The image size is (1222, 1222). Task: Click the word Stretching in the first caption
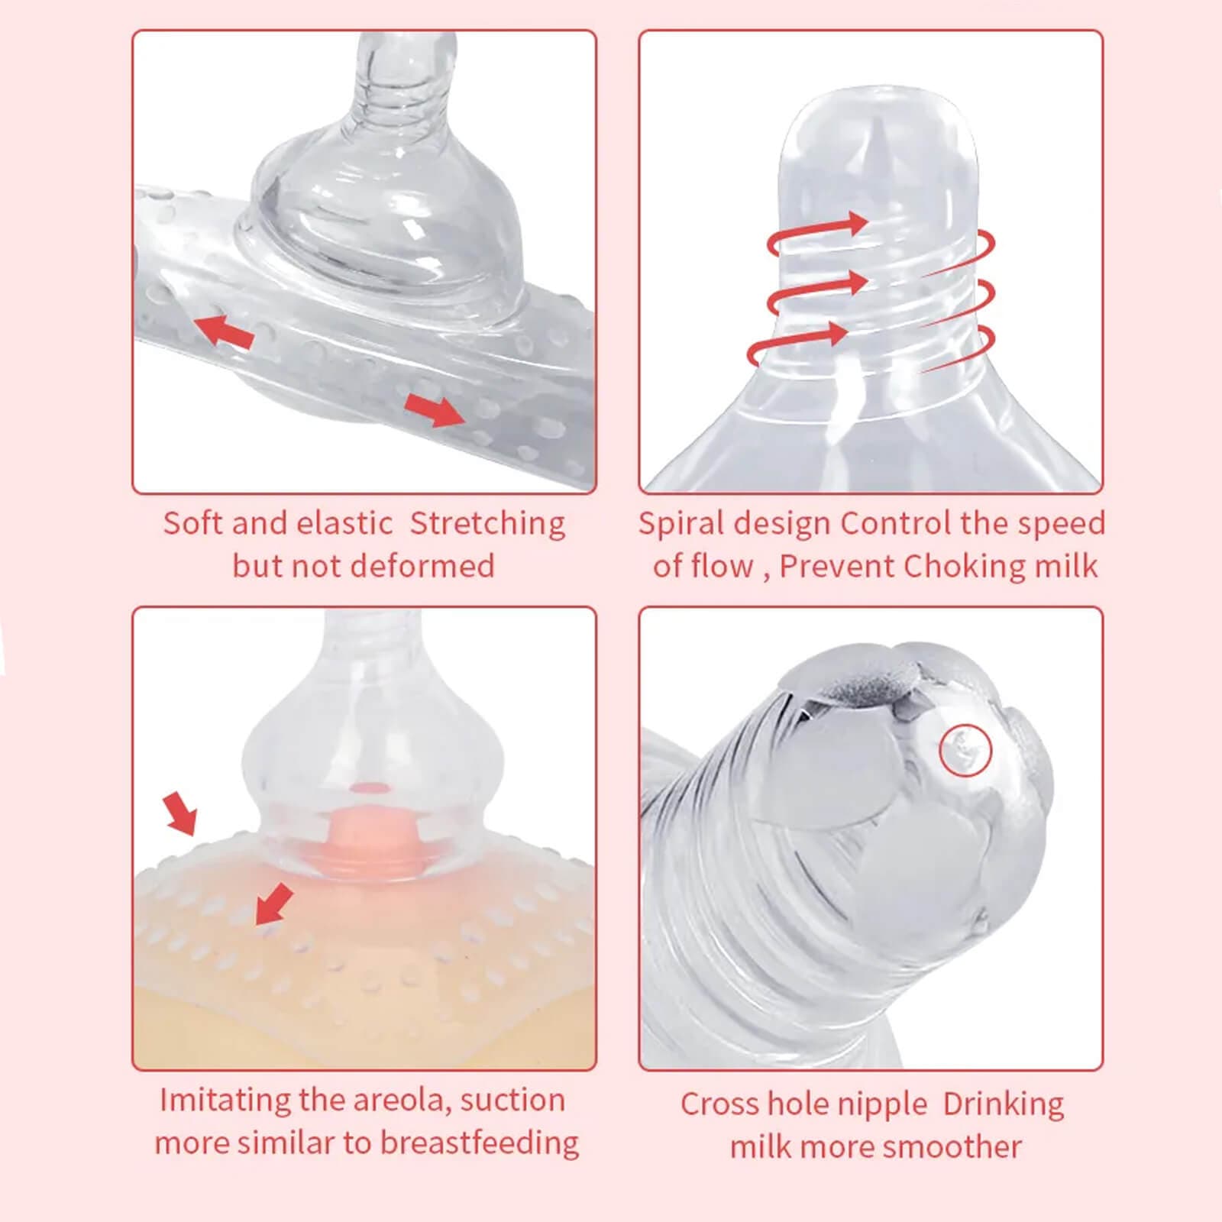tap(487, 525)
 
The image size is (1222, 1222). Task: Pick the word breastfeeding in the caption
tap(480, 1143)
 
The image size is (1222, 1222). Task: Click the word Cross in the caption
tap(720, 1104)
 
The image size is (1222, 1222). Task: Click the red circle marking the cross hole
tap(965, 751)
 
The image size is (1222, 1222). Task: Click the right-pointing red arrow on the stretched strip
tap(434, 410)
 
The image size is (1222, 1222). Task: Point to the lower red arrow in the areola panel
tap(273, 904)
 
